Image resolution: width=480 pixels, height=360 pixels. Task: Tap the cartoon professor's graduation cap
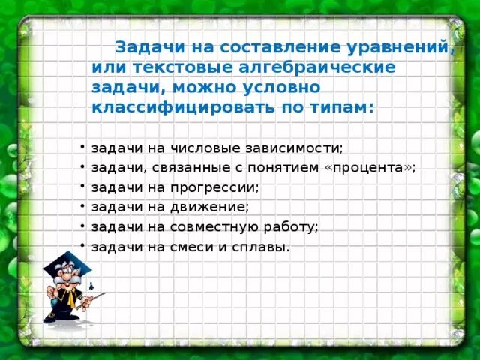[65, 267]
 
